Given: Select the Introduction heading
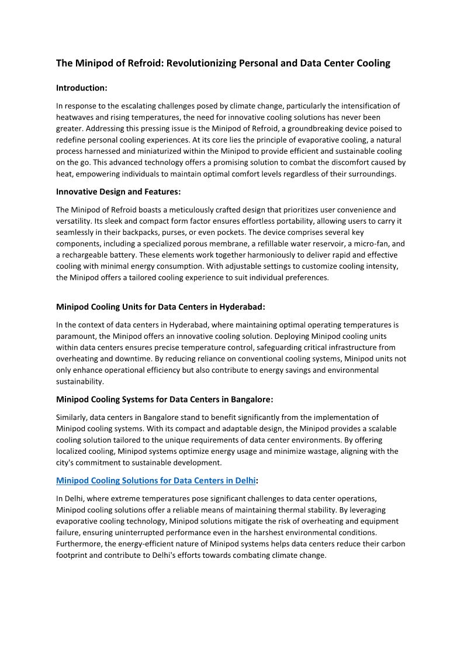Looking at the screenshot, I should click(82, 88).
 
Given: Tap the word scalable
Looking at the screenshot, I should click(366, 429).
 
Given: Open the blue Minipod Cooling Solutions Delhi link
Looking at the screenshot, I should click(156, 481).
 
